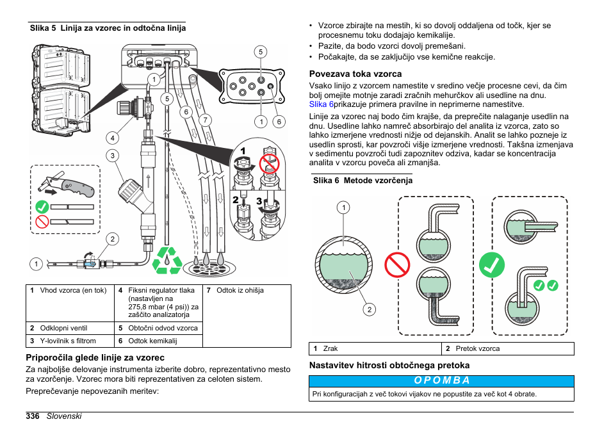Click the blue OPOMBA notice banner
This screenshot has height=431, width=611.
pyautogui.click(x=441, y=380)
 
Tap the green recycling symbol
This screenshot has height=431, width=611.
pyautogui.click(x=166, y=261)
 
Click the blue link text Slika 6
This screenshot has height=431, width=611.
pyautogui.click(x=322, y=104)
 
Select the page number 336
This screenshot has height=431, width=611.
pyautogui.click(x=33, y=416)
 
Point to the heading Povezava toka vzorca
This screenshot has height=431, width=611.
pyautogui.click(x=355, y=74)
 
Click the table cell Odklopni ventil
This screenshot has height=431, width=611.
pyautogui.click(x=63, y=328)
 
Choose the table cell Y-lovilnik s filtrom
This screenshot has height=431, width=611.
pyautogui.click(x=68, y=341)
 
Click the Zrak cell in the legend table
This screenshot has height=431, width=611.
pyautogui.click(x=330, y=348)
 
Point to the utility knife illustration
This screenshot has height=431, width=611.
pyautogui.click(x=66, y=185)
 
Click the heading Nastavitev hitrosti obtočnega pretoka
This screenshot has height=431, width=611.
pyautogui.click(x=389, y=365)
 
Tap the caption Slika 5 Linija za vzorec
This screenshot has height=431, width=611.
pyautogui.click(x=108, y=28)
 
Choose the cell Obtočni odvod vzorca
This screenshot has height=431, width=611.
pyautogui.click(x=163, y=328)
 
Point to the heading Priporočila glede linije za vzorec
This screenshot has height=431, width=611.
pyautogui.click(x=95, y=357)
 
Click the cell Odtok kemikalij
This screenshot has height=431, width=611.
pyautogui.click(x=152, y=341)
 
